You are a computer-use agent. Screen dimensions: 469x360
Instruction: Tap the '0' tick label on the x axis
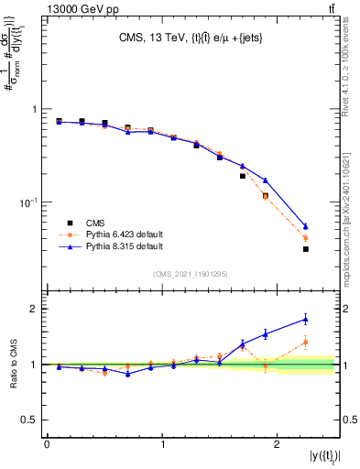pos(47,443)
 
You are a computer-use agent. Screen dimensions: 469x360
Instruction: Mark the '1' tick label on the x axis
pos(162,443)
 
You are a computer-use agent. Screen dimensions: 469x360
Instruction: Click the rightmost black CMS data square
pos(306,249)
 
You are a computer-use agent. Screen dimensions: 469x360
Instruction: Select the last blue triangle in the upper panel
pos(306,226)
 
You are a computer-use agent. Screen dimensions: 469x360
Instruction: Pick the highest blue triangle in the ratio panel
pos(306,319)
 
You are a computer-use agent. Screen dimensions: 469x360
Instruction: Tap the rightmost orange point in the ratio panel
pos(306,343)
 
